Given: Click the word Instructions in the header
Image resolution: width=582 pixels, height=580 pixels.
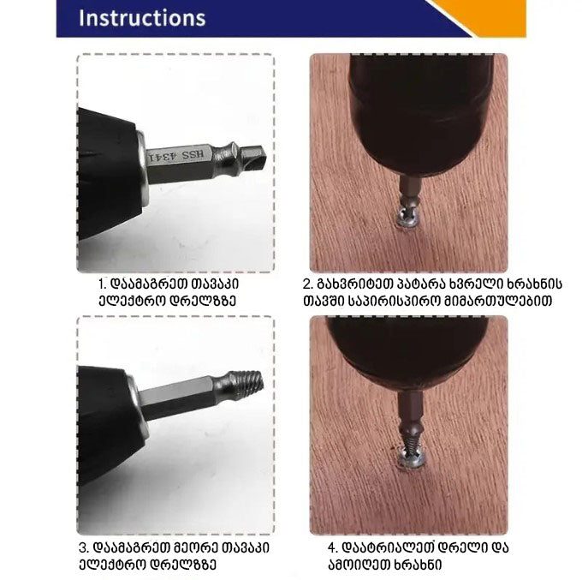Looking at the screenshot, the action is click(x=142, y=18).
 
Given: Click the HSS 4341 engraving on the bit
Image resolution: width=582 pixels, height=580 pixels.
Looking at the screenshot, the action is click(x=176, y=156).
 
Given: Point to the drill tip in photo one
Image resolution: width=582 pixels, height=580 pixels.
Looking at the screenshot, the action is click(x=254, y=156).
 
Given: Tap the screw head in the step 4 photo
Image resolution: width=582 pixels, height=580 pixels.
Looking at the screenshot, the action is click(x=410, y=456).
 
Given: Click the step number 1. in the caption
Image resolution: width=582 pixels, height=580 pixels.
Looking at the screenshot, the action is click(x=103, y=284).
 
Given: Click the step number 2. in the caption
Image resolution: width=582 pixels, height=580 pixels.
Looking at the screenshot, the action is click(x=308, y=284).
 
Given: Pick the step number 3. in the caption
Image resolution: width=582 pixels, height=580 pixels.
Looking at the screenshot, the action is click(x=84, y=547).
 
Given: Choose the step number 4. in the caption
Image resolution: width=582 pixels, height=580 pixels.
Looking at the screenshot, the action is click(x=333, y=547).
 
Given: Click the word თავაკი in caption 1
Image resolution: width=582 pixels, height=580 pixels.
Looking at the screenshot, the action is click(x=215, y=284).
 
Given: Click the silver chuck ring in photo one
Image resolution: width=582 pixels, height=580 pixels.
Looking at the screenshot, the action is click(x=142, y=168).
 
